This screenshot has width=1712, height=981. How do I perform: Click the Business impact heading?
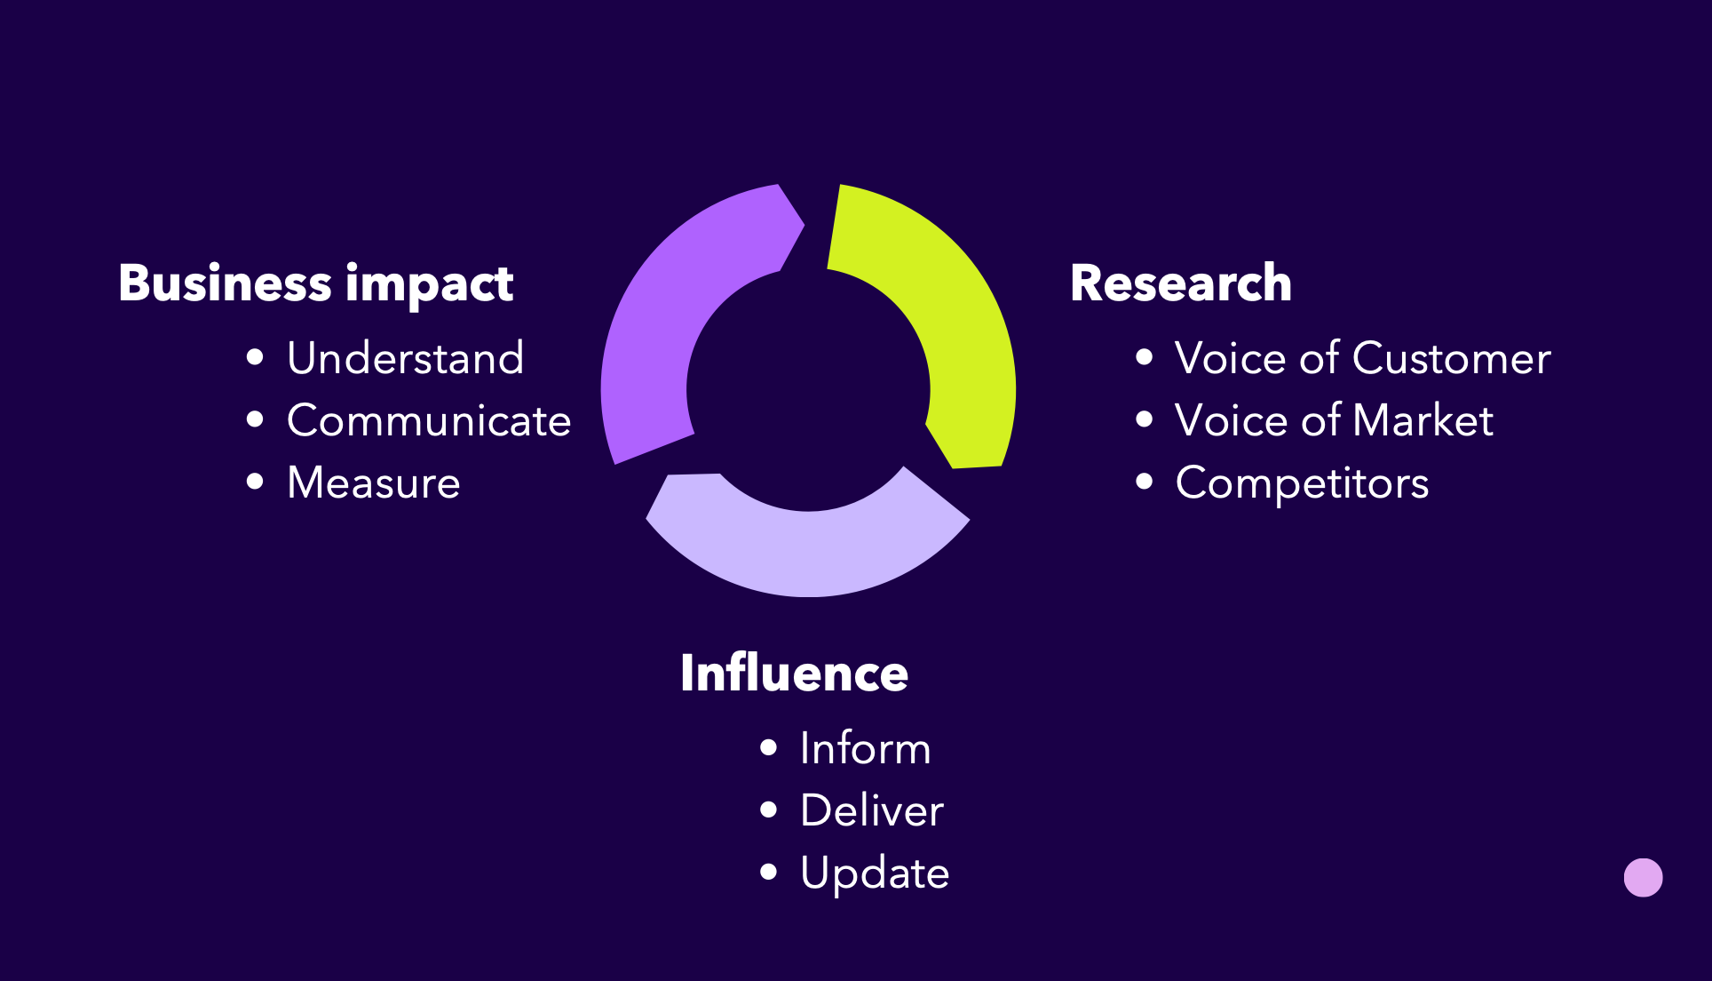(315, 283)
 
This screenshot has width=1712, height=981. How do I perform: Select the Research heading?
(1180, 283)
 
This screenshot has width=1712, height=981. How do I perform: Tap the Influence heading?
(794, 674)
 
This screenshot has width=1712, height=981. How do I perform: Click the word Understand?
(405, 358)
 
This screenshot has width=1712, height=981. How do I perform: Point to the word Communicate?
(429, 420)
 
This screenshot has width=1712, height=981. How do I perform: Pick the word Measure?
(374, 483)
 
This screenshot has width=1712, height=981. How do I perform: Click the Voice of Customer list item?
(1362, 358)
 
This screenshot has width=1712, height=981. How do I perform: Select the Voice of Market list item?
(1334, 420)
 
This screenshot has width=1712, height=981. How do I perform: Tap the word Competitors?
(1302, 483)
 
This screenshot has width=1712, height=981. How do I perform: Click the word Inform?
(865, 748)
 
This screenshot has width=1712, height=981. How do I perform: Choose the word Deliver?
(871, 810)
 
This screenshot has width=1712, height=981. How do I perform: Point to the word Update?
(875, 873)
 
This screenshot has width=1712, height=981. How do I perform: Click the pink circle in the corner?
(1643, 878)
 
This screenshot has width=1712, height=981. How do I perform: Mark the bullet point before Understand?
(256, 357)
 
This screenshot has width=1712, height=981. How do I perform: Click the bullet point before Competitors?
(1145, 482)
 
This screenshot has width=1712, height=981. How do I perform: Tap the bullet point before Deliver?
(769, 810)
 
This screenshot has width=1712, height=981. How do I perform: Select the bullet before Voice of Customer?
(1145, 357)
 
